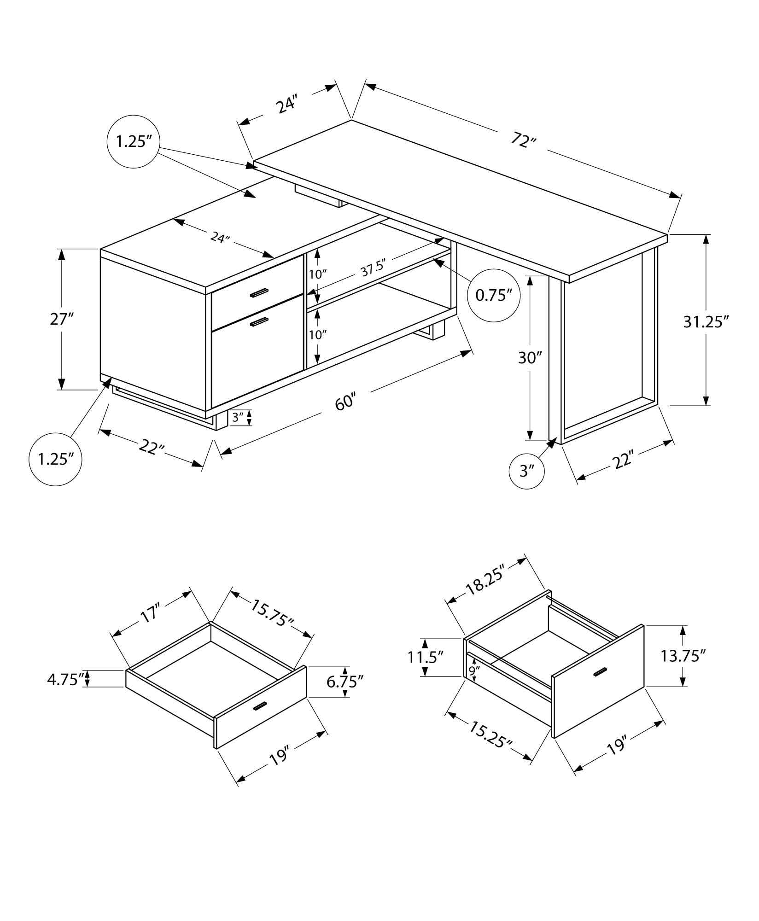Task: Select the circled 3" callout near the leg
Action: click(x=527, y=471)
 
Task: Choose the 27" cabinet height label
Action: click(x=62, y=319)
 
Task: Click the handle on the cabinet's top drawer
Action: click(x=259, y=293)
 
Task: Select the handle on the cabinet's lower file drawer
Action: click(x=259, y=322)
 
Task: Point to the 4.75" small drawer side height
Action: click(x=64, y=679)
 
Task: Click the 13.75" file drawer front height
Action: click(x=683, y=656)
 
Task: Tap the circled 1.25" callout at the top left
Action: click(x=133, y=141)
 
